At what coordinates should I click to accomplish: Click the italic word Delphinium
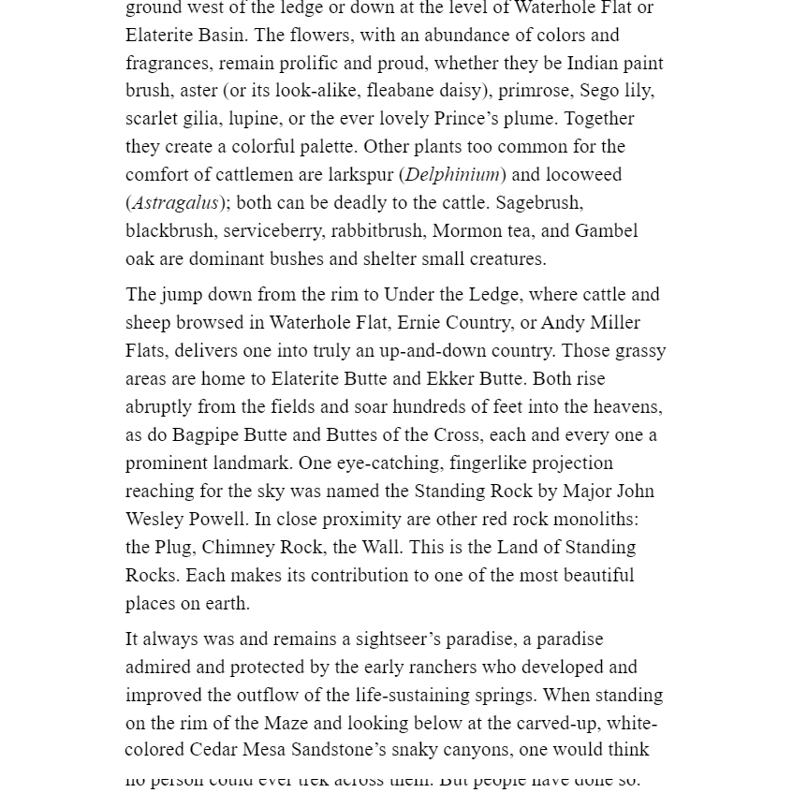coord(452,175)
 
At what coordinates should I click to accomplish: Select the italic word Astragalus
coord(175,203)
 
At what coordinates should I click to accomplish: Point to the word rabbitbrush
coord(378,231)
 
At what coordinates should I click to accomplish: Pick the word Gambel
coord(606,231)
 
